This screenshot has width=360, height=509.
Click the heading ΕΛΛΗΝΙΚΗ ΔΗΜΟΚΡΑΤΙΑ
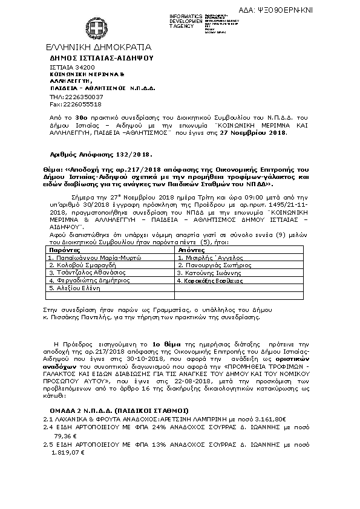click(99, 47)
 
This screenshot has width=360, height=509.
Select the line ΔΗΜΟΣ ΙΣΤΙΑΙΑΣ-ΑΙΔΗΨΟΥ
click(102, 57)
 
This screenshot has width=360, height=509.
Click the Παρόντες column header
click(63, 249)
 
